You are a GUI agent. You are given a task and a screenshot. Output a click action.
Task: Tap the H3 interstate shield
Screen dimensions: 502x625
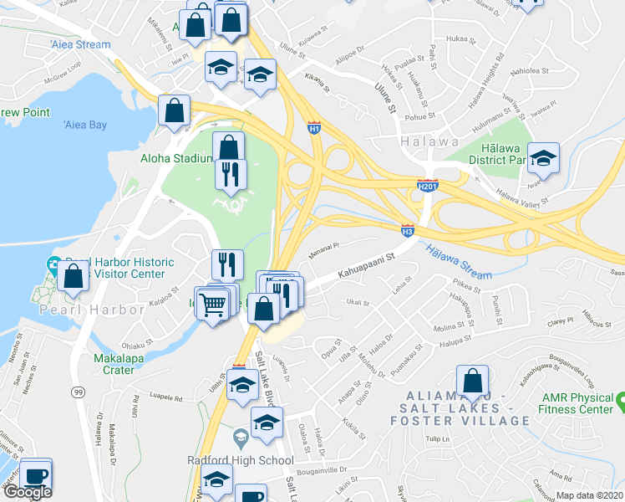pos(408,228)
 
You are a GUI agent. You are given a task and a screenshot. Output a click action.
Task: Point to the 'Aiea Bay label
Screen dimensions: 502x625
pos(85,125)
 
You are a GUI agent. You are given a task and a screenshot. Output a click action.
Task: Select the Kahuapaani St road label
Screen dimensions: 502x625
pos(365,267)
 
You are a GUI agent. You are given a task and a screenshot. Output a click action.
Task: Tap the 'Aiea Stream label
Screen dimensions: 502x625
pos(80,44)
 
